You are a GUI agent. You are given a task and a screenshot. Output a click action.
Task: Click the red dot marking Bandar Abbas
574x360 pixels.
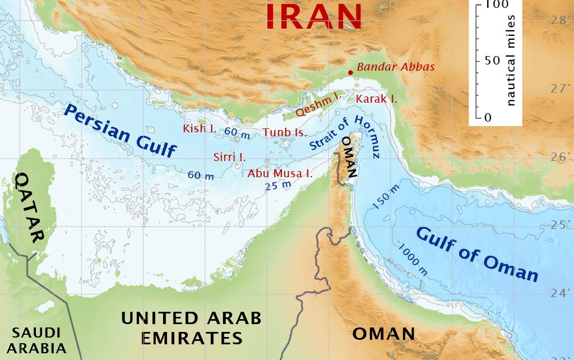pos(350,72)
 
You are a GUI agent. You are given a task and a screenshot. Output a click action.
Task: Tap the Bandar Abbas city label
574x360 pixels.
pos(396,67)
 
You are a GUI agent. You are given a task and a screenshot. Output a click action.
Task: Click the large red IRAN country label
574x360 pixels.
pos(314,16)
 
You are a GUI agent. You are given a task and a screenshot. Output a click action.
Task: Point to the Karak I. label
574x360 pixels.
pos(376,99)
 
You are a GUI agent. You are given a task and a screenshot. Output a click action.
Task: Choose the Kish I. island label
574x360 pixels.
pos(200,128)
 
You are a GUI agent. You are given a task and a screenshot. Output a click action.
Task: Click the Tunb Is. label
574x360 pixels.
pos(285,133)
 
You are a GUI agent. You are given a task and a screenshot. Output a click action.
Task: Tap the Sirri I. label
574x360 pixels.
pos(229,156)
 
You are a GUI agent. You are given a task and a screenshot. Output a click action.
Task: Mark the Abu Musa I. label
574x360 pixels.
pos(280,173)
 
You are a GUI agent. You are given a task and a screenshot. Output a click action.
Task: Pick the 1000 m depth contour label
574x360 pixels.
pos(413,259)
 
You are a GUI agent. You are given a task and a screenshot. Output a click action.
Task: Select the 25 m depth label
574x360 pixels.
pos(278,185)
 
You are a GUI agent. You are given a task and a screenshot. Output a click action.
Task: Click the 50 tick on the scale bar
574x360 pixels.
pos(492,61)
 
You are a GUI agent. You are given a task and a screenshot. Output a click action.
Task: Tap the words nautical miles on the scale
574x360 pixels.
pos(511,61)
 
